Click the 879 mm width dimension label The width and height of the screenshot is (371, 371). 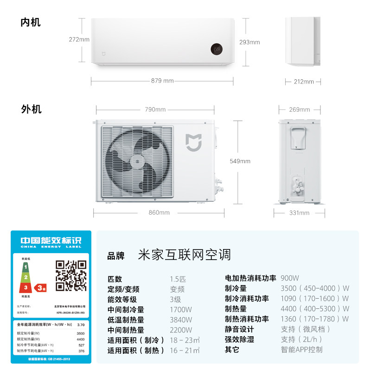pos(162,81)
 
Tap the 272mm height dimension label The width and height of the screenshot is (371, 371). pos(79,39)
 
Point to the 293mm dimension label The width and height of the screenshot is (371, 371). pos(249,42)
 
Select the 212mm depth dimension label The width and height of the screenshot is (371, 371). pos(304,82)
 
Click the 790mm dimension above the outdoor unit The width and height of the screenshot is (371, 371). pos(155,110)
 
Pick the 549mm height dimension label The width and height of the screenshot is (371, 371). pos(240,161)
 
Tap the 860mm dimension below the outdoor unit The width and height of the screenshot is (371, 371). pos(159,213)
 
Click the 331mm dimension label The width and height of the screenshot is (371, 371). pos(299,213)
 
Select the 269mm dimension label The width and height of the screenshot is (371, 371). pos(300,110)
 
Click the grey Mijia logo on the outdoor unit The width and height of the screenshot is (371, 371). pos(193,142)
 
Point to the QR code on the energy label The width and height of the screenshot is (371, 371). pos(71,275)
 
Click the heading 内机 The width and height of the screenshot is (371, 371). pos(31,22)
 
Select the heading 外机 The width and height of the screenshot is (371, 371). pos(31,109)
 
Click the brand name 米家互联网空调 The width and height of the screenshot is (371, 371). pos(184,255)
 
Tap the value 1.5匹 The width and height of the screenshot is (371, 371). pos(178,279)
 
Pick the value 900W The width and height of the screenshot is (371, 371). pos(290,278)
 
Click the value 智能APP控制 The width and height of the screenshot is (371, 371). pos(302,350)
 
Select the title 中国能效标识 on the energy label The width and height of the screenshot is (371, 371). pos(51,241)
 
